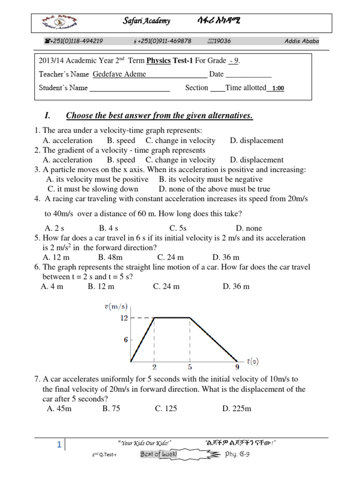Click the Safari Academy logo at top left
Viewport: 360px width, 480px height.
tap(60, 22)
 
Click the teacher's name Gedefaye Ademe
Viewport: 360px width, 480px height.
tap(120, 74)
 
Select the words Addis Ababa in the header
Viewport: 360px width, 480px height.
tap(301, 41)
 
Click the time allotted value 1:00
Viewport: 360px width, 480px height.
tap(277, 88)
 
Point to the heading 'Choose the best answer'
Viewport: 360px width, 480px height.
tap(159, 116)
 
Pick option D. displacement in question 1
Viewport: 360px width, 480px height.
tap(256, 140)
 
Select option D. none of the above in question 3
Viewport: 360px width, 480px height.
tap(214, 189)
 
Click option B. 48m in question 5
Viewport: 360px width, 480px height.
tap(110, 257)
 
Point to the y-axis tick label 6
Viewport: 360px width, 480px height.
tap(125, 340)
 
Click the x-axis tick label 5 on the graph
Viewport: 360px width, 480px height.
tap(189, 367)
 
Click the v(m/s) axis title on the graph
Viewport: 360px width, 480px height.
tap(115, 307)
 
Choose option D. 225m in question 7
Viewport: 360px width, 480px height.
tap(237, 408)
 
